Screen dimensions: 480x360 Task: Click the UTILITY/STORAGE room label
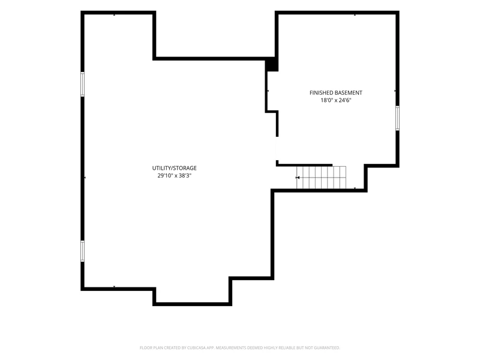click(175, 168)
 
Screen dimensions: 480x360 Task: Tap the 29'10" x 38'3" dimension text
click(175, 176)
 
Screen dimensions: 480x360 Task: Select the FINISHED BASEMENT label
click(336, 93)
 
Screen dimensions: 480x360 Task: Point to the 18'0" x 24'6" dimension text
click(336, 100)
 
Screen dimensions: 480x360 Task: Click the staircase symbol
click(321, 178)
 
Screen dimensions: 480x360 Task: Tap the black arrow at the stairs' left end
click(298, 178)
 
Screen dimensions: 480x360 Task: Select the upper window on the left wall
click(82, 84)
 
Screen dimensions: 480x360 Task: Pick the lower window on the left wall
click(82, 251)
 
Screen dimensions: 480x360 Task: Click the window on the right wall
click(397, 118)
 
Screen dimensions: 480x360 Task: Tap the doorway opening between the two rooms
click(277, 148)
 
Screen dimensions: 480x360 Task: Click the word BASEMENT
click(349, 93)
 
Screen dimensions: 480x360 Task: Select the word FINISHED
click(322, 93)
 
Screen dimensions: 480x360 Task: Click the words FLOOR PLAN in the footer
click(151, 348)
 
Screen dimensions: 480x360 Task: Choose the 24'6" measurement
click(345, 100)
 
